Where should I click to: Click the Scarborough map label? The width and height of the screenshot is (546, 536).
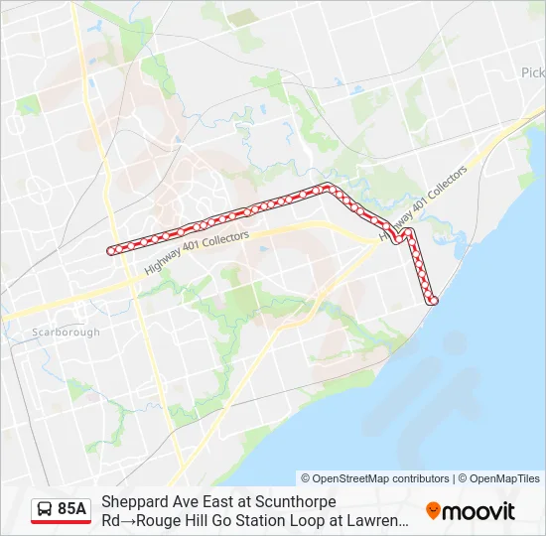tap(67, 333)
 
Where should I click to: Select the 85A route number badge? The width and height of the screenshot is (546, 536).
tap(71, 509)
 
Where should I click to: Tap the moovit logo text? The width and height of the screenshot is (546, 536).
tap(478, 511)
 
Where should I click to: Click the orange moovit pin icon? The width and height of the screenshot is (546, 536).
tap(433, 511)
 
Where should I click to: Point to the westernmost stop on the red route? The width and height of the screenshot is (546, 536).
tap(111, 250)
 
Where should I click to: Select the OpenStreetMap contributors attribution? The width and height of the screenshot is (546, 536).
tap(375, 478)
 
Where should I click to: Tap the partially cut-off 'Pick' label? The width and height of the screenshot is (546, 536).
tap(533, 72)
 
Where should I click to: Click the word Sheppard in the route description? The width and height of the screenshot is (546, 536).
tap(134, 502)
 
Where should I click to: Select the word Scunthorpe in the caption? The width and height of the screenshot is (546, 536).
tap(295, 502)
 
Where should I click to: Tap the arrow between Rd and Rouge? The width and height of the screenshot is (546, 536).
tap(125, 519)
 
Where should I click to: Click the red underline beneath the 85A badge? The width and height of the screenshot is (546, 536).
tap(61, 522)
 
